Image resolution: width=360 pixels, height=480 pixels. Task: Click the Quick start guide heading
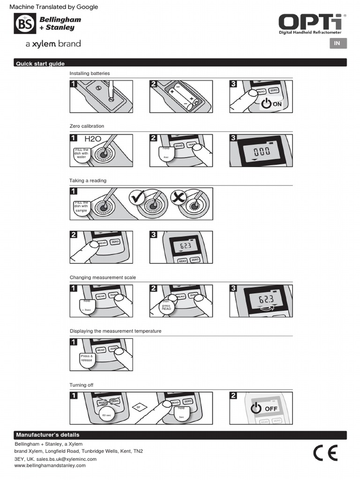(40, 63)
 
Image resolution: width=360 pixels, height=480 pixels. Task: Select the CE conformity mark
(325, 452)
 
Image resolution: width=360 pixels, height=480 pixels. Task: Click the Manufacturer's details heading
(47, 435)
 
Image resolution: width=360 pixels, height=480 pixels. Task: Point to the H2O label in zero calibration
(93, 139)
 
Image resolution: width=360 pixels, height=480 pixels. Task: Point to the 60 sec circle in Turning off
(106, 415)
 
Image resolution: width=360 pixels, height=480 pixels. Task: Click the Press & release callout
(87, 358)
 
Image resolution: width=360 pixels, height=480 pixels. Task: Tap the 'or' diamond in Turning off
(138, 407)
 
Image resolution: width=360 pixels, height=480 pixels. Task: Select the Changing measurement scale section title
(103, 277)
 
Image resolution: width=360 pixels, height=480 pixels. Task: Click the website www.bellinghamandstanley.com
(50, 465)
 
